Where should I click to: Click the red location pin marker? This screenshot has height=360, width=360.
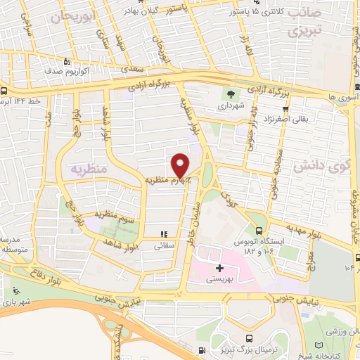click(x=181, y=165)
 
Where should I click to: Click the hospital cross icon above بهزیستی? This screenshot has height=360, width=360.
click(x=219, y=268)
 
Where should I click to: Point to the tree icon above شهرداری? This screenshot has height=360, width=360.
click(x=229, y=94)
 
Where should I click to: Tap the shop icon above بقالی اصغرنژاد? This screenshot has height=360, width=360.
click(x=285, y=109)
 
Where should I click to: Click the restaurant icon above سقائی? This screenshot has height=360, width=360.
click(x=163, y=235)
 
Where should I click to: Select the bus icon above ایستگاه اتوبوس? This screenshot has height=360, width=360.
click(x=259, y=232)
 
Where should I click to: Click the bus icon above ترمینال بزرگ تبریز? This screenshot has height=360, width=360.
click(x=202, y=350)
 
